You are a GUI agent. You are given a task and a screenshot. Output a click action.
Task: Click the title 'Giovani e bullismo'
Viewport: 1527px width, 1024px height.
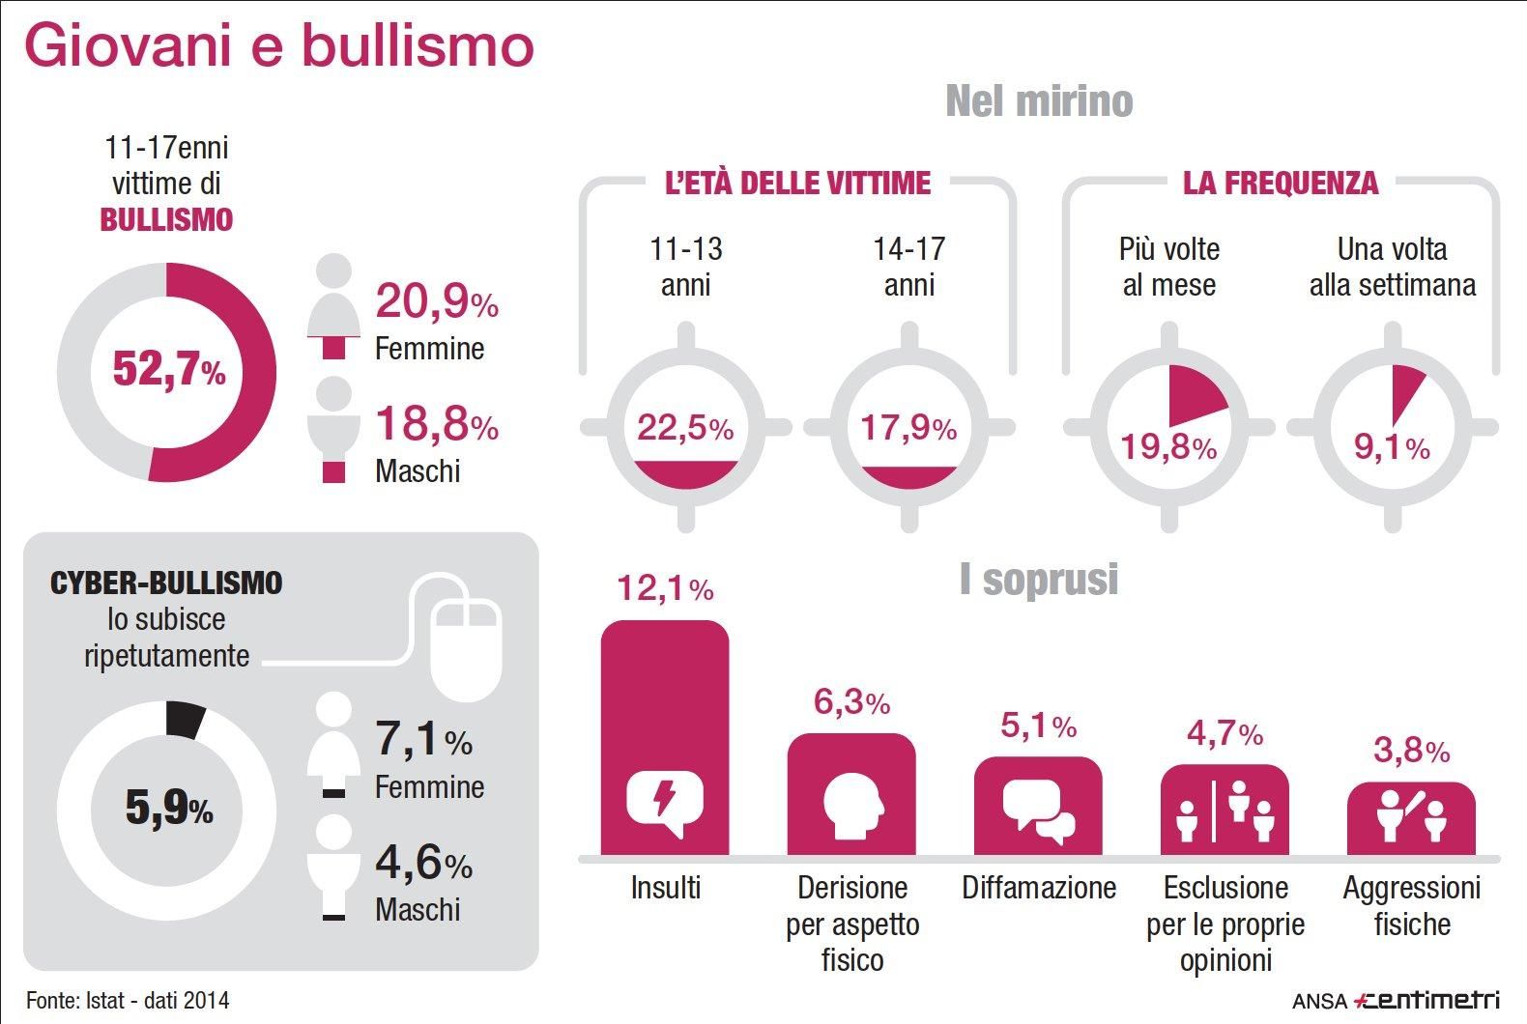point(278,46)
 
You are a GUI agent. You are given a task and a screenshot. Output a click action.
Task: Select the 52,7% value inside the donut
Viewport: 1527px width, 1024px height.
point(169,370)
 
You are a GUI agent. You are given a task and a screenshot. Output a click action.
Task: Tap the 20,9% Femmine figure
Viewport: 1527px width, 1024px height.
point(436,301)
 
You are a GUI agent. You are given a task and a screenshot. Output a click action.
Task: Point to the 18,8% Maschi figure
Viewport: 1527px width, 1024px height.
point(436,425)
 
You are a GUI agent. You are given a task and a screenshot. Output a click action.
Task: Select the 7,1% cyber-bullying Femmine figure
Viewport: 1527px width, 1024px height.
point(423,740)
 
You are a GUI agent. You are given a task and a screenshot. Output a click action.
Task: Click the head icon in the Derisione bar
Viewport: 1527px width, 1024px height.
point(853,804)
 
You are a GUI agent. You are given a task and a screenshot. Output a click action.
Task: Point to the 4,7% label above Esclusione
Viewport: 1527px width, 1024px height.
point(1224,735)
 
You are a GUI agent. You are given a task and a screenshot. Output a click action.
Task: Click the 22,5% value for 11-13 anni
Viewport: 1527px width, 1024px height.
point(685,427)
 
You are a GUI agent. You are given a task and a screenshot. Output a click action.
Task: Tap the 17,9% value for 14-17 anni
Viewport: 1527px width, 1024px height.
point(908,427)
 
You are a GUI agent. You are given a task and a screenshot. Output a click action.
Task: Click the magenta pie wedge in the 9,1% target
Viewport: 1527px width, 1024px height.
point(1405,391)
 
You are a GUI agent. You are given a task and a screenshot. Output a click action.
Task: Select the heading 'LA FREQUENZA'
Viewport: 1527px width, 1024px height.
point(1281,183)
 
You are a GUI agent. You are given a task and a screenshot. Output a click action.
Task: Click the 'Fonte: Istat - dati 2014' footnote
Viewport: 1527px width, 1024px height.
point(128,1000)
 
